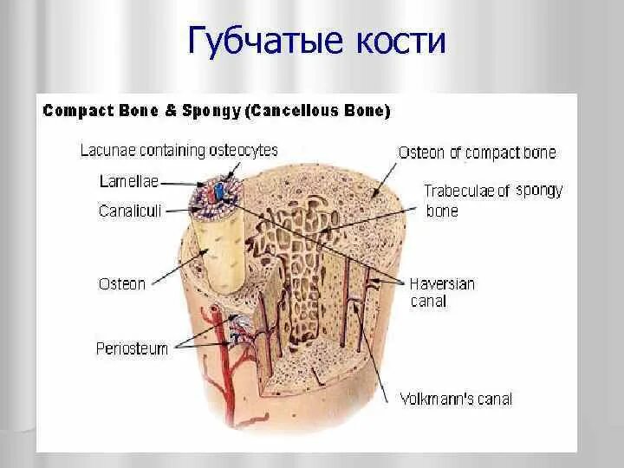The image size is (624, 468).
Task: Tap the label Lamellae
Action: pyautogui.click(x=124, y=181)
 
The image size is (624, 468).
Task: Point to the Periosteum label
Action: pyautogui.click(x=132, y=348)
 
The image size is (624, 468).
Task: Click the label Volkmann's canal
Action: pyautogui.click(x=456, y=400)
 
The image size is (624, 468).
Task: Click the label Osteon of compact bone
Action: pyautogui.click(x=477, y=153)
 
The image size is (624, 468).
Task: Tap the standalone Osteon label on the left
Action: pyautogui.click(x=122, y=283)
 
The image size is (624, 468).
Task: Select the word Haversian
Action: pyautogui.click(x=442, y=283)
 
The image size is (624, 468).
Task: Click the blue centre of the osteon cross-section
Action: pyautogui.click(x=219, y=190)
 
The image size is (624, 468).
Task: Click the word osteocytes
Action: pyautogui.click(x=244, y=151)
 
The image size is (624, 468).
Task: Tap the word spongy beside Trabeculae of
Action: pyautogui.click(x=539, y=191)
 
